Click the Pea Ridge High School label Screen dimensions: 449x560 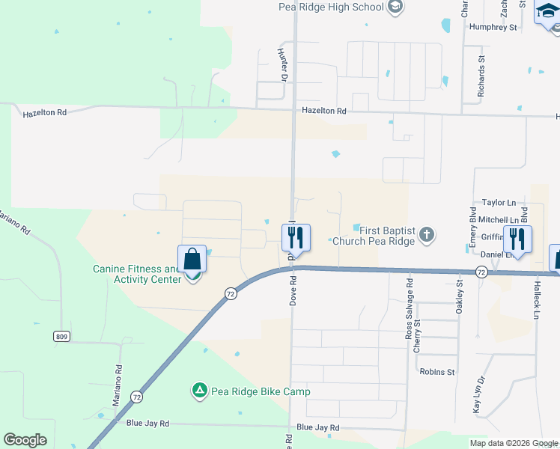point(330,7)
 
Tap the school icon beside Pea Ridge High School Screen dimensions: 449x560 point(396,7)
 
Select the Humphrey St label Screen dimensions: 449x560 point(493,28)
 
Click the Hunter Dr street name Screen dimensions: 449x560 point(283,65)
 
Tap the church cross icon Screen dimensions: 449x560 point(426,236)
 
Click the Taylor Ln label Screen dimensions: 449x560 point(499,203)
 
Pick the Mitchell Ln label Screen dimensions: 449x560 point(498,220)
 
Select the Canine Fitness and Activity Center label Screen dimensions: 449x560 point(136,274)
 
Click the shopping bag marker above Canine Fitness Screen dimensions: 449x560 point(192,260)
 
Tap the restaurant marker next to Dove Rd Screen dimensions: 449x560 point(296,239)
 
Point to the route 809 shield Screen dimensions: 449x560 point(61,337)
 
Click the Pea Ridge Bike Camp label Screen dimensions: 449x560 point(261,391)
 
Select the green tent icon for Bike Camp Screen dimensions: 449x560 point(199,391)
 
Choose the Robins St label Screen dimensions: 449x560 point(437,372)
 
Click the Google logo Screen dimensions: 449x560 point(25,440)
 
